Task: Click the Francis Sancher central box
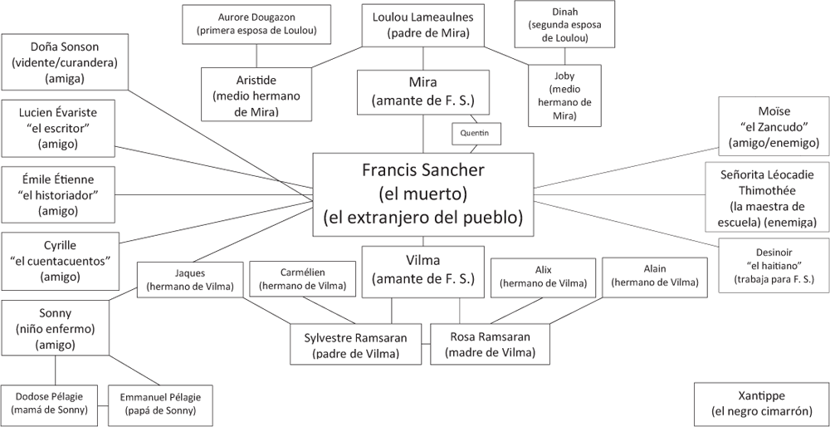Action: click(422, 194)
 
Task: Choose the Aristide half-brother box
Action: click(257, 94)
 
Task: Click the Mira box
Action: click(422, 91)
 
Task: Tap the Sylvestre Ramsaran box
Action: click(356, 344)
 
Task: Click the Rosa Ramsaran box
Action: click(491, 344)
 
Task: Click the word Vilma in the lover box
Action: click(422, 259)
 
